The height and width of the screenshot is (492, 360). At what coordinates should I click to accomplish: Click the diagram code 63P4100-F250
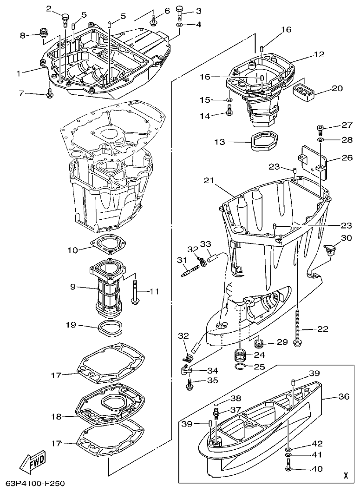click(x=33, y=484)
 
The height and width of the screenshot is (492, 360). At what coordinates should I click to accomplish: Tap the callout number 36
click(x=343, y=397)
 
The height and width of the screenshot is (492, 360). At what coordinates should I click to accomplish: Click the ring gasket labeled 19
click(x=111, y=328)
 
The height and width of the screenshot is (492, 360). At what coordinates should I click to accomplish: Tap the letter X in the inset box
click(x=345, y=475)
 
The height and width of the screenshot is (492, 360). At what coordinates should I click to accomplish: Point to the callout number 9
click(x=73, y=287)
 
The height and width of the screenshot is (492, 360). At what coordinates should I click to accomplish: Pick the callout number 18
click(x=56, y=417)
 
